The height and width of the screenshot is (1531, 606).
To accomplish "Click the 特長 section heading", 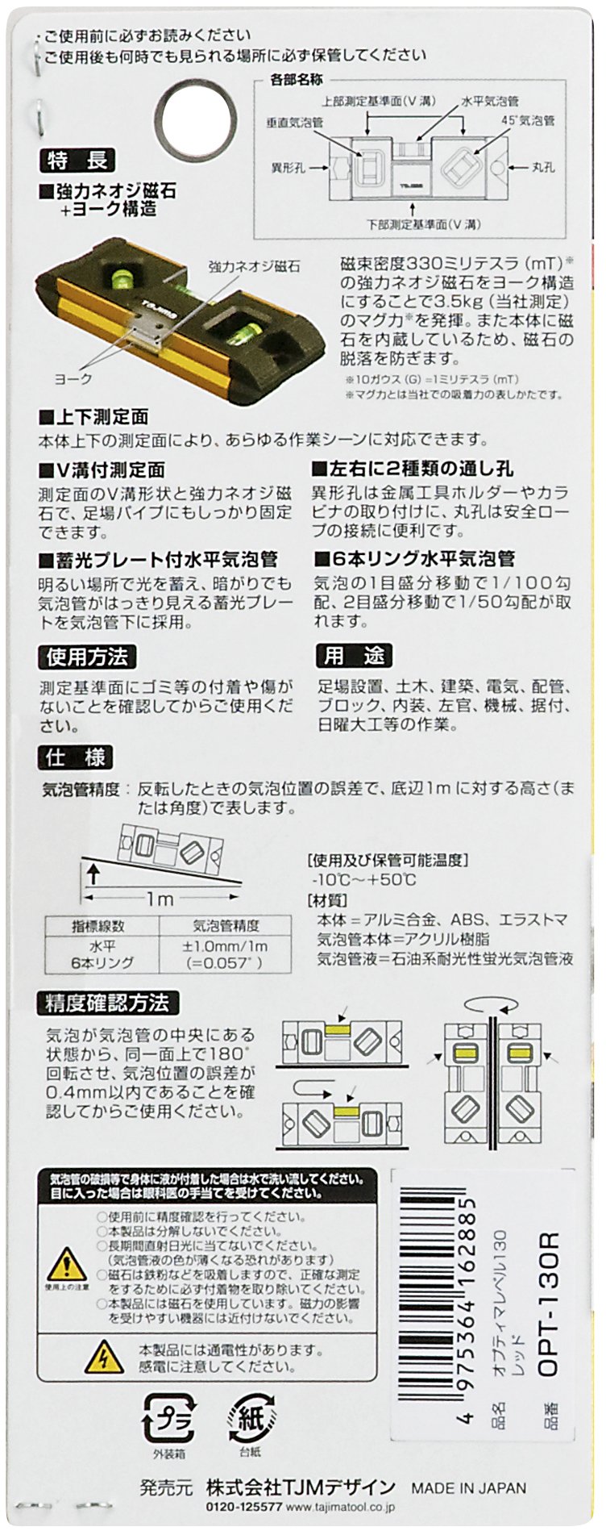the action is tap(77, 161).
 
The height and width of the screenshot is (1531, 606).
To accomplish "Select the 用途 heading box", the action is tap(354, 655).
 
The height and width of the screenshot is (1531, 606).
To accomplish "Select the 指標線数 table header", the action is tap(102, 925).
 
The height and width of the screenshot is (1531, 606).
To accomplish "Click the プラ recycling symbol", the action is tap(166, 1417).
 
